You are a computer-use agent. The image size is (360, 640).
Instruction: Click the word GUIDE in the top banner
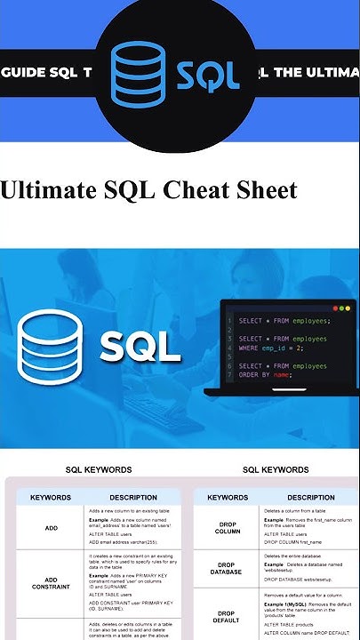pos(28,71)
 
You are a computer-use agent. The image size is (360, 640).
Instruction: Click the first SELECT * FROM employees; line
pos(284,321)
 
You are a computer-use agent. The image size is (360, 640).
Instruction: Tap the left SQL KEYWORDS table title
pos(99,469)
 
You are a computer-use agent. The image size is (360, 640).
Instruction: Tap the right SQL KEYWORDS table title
pos(276,469)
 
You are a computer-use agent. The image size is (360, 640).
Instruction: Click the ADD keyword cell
pos(51,528)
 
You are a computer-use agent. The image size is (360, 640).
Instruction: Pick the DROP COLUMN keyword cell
pos(228,528)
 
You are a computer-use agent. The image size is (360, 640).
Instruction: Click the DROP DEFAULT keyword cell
pos(228,617)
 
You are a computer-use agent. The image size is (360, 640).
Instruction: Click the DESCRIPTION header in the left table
pos(133,498)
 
